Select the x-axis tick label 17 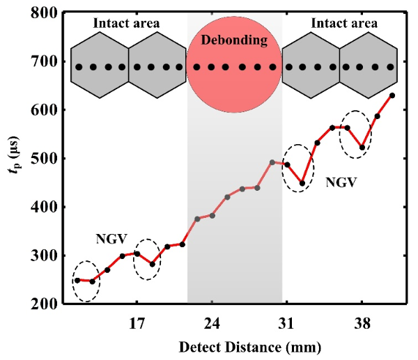tap(137, 324)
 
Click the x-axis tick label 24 tap(212, 324)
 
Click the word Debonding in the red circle tap(234, 40)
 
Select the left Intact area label tap(127, 23)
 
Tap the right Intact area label tap(344, 23)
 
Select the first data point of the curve tap(78, 280)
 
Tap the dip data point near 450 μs tap(302, 183)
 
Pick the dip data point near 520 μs tap(362, 148)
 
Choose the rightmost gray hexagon tap(369, 66)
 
